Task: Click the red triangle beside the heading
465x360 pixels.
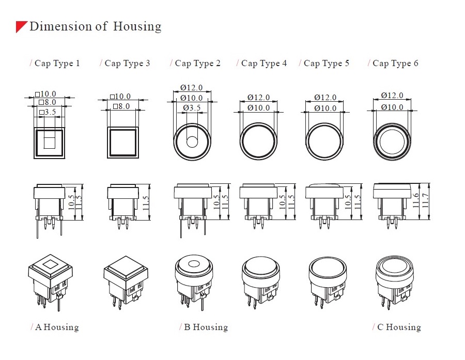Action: pyautogui.click(x=21, y=27)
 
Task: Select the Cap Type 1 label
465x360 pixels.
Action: pyautogui.click(x=57, y=64)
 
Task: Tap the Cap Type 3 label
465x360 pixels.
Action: pyautogui.click(x=127, y=64)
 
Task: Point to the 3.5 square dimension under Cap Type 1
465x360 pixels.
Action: pyautogui.click(x=48, y=112)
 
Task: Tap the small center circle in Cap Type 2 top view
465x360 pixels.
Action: pyautogui.click(x=192, y=142)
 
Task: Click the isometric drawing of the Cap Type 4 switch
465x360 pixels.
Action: pyautogui.click(x=260, y=282)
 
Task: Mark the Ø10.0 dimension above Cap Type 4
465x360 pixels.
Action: pyautogui.click(x=258, y=108)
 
